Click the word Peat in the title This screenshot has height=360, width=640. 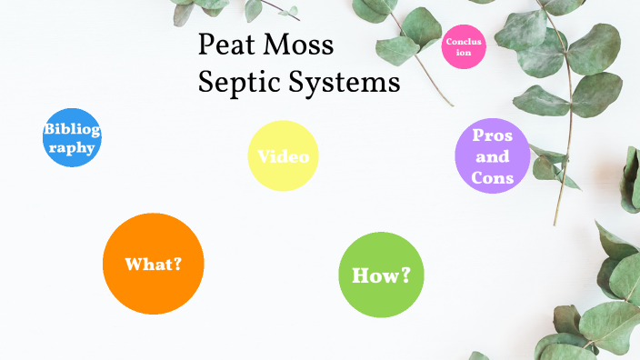click(x=228, y=45)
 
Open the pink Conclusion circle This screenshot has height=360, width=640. click(x=464, y=47)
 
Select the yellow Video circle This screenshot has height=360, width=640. click(x=283, y=155)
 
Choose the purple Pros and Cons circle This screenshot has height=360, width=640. click(x=492, y=156)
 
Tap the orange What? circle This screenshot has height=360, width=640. click(x=153, y=264)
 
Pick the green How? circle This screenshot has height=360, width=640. click(x=381, y=274)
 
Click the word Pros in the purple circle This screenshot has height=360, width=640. click(x=493, y=135)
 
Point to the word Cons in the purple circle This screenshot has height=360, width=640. click(x=493, y=177)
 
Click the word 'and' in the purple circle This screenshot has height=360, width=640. click(x=493, y=156)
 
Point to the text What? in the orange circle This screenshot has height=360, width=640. click(x=153, y=265)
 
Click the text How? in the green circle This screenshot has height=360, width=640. click(x=381, y=275)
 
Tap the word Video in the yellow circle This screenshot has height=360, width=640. click(x=283, y=156)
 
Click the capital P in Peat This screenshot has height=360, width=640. click(x=206, y=45)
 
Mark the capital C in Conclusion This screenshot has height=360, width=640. click(x=449, y=42)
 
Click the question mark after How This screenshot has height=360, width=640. click(x=405, y=274)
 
